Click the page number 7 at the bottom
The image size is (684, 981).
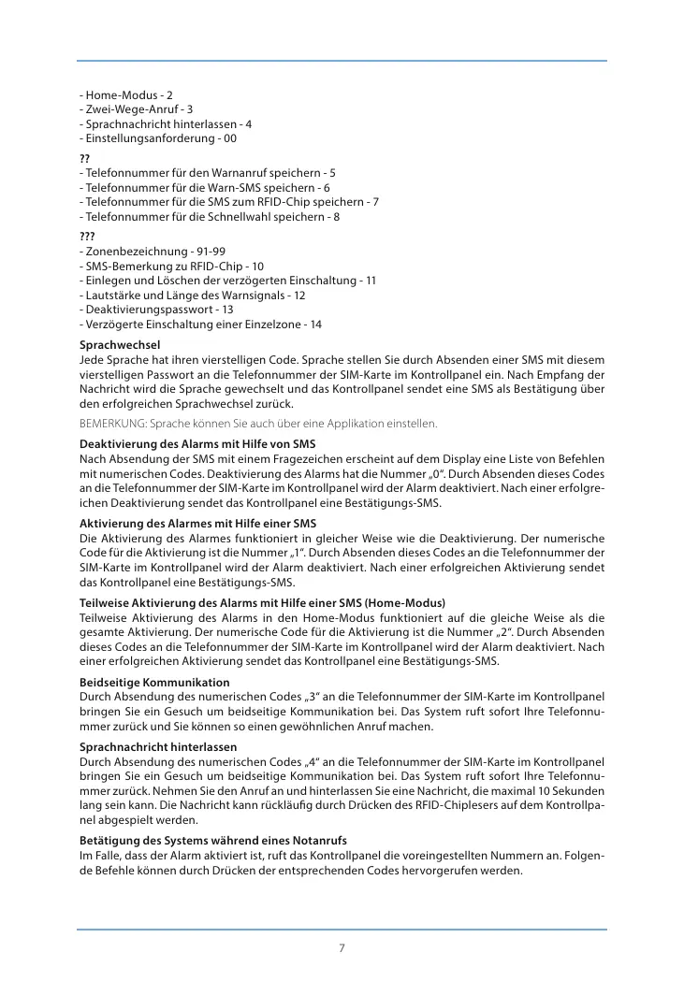[342, 947]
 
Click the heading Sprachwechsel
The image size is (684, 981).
[120, 345]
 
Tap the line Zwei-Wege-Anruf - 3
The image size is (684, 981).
[137, 109]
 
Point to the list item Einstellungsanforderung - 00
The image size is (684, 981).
[158, 138]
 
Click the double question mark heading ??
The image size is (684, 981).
[85, 158]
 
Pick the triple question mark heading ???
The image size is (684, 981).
[88, 237]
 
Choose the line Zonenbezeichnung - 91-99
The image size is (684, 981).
[153, 252]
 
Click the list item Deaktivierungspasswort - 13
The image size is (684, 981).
[157, 310]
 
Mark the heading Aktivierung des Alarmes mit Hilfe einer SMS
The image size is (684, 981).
[198, 524]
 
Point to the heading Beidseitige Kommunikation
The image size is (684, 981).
[154, 683]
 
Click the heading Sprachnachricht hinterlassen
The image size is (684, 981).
[158, 747]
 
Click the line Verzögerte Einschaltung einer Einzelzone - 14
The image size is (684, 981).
[201, 325]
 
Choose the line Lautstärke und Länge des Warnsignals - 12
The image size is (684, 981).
[193, 295]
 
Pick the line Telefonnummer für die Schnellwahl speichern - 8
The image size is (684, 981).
[211, 217]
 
